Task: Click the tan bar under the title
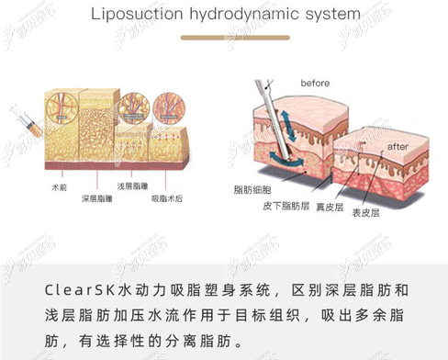click(x=224, y=38)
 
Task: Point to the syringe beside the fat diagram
click(x=27, y=120)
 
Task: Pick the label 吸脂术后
click(x=167, y=197)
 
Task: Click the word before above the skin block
click(x=315, y=84)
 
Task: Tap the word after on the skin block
click(x=398, y=146)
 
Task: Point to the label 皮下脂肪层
click(x=289, y=206)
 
